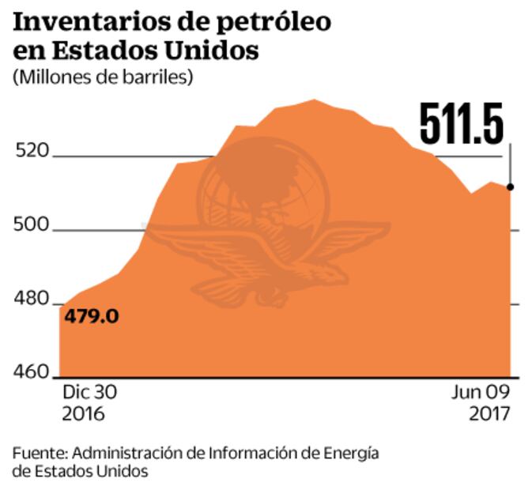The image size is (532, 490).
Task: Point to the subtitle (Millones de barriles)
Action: (103, 77)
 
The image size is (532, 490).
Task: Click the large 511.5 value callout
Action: (462, 123)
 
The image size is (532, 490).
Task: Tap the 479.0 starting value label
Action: (92, 316)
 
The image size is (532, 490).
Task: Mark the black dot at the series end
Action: (511, 187)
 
